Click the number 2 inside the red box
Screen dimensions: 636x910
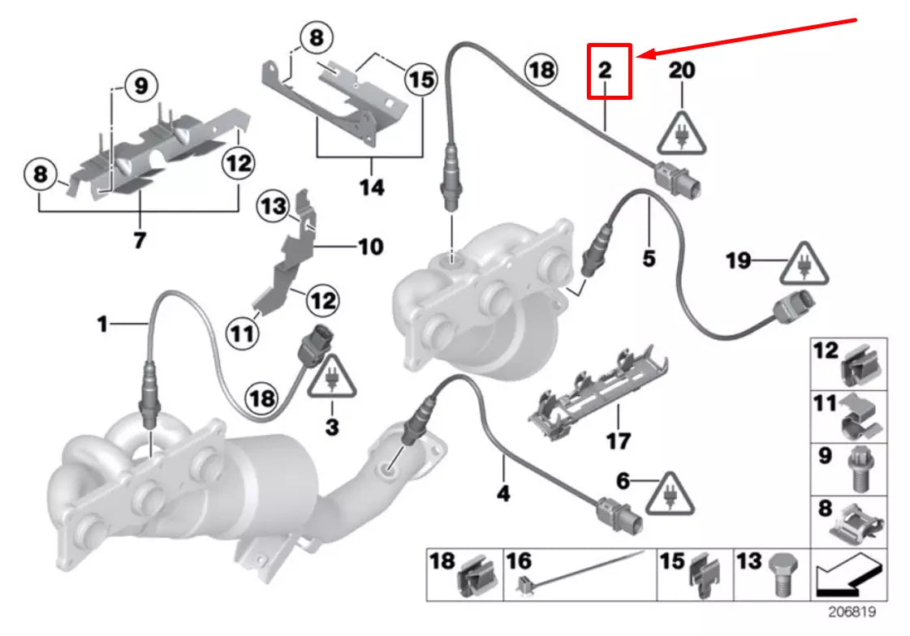point(606,71)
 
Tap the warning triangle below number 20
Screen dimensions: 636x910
point(682,131)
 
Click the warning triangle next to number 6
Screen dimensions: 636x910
point(671,493)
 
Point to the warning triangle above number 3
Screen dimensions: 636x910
point(331,380)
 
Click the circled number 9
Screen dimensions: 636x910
point(140,86)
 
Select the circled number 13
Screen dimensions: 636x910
point(274,208)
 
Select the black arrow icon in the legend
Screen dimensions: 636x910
point(849,574)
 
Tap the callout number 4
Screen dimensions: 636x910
point(503,491)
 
